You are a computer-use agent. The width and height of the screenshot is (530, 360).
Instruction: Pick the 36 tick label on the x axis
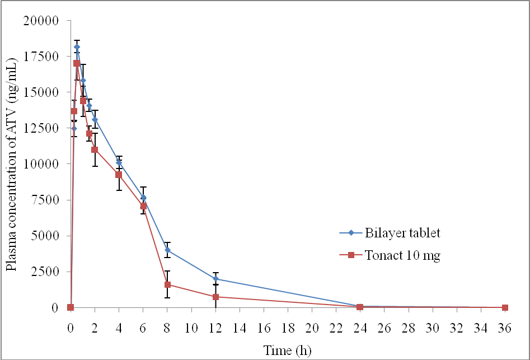point(505,325)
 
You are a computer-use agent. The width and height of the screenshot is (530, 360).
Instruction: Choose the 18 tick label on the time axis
point(288,325)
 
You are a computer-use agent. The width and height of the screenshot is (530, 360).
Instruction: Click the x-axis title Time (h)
point(287,350)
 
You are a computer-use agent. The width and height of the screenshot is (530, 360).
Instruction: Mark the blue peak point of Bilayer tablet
point(77,47)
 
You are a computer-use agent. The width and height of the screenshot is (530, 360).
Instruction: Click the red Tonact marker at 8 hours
point(167,284)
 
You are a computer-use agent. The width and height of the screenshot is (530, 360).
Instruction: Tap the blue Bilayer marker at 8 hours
point(167,250)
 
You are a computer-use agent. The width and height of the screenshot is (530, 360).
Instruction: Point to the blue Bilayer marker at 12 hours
point(215,279)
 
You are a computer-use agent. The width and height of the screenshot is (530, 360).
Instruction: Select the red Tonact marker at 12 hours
point(215,297)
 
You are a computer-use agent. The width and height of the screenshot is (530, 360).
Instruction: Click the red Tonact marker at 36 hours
point(505,307)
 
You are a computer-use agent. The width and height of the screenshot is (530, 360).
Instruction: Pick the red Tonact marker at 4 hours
point(119,175)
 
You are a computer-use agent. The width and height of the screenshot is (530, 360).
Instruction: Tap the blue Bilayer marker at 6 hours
point(143,197)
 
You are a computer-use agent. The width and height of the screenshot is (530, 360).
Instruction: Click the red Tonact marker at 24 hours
point(360,307)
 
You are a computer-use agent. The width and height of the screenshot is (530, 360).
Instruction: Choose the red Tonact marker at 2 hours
point(95,150)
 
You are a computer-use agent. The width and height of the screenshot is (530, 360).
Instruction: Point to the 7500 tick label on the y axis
point(44,200)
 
